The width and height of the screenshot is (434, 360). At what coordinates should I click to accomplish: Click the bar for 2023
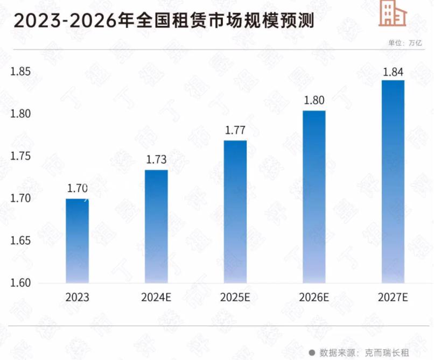coord(78,241)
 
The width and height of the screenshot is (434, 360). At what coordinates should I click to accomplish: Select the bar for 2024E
coord(156,227)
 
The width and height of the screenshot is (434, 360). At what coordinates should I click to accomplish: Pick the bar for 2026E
coord(314,196)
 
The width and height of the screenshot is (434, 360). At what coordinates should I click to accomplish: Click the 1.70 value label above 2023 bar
coord(78,188)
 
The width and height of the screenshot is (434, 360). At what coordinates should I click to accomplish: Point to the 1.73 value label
coord(157,160)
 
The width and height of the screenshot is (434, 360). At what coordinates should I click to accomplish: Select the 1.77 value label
coord(235,130)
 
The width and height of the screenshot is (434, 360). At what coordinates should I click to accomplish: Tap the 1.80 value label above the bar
coord(314,100)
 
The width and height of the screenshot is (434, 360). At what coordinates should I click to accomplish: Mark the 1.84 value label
coord(393,71)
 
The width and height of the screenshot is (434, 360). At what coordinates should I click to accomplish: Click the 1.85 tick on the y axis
coord(22,72)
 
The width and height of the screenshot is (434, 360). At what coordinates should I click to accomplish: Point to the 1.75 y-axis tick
coord(22,157)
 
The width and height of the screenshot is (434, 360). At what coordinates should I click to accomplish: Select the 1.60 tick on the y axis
coord(22,283)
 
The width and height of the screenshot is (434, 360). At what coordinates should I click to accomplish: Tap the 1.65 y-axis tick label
coord(22,241)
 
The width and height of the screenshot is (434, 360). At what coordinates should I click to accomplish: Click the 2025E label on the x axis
coord(235,297)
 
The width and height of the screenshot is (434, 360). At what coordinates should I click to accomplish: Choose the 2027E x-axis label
coord(393,297)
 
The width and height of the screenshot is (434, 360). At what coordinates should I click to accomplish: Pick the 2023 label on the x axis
coord(78,297)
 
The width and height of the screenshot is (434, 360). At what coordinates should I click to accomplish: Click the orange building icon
coord(392,13)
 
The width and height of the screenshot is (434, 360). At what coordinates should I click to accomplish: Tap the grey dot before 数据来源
coord(312,352)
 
